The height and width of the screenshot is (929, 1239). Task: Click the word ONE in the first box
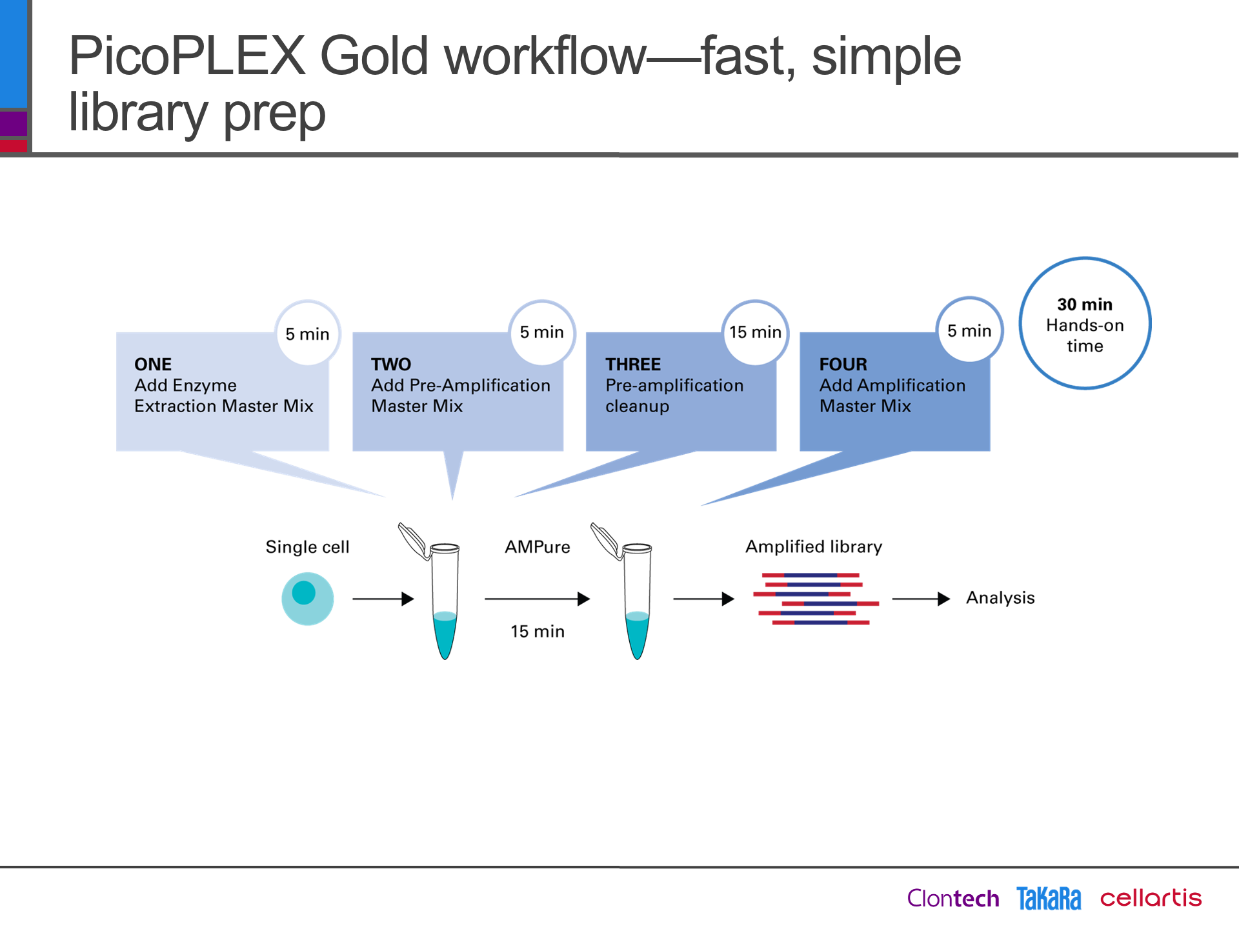pos(153,365)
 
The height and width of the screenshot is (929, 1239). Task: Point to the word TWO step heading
pos(391,365)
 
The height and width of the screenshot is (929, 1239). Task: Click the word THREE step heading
pos(633,365)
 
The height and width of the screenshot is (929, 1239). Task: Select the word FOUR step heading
pos(843,365)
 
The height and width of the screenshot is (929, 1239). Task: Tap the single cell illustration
pos(308,599)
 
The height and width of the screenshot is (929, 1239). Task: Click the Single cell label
pos(307,547)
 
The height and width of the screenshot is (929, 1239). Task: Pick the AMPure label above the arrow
pos(538,547)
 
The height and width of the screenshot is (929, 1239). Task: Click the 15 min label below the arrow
pos(538,632)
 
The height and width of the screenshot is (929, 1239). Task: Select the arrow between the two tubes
pos(538,599)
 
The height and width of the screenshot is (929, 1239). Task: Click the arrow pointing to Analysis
pos(921,599)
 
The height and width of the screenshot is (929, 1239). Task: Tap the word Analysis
pos(1000,598)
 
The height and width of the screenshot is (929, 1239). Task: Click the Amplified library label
pos(814,546)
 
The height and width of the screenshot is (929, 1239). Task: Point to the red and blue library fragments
pos(816,599)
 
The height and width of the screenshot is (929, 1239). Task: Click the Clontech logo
pos(953,898)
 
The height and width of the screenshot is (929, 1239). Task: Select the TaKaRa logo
pos(1049,898)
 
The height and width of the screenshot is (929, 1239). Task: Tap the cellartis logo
pos(1151,897)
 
